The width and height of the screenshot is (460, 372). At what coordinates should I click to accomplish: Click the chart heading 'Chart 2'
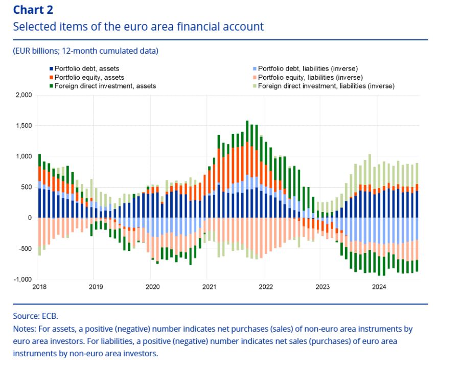pos(33,10)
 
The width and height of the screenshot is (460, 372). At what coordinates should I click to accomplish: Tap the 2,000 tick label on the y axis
pos(23,95)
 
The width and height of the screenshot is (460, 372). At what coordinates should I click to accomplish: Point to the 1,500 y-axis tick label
pos(23,126)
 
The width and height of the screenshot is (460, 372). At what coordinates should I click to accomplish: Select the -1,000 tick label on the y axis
pos(22,280)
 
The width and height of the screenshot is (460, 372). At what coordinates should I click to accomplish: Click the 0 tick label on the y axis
pos(30,218)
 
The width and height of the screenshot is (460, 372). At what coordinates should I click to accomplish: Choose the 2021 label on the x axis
pos(208,287)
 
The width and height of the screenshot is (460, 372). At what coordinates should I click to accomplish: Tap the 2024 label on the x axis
pos(379,287)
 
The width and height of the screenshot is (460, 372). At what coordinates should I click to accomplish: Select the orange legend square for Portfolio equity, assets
pos(52,77)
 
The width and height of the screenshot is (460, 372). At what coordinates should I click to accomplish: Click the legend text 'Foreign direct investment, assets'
pos(105,86)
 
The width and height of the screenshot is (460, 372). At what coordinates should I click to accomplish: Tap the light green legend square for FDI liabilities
pos(255,86)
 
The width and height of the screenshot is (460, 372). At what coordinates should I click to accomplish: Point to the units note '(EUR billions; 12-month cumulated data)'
pos(86,51)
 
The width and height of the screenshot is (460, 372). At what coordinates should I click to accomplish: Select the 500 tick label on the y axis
pos(26,187)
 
